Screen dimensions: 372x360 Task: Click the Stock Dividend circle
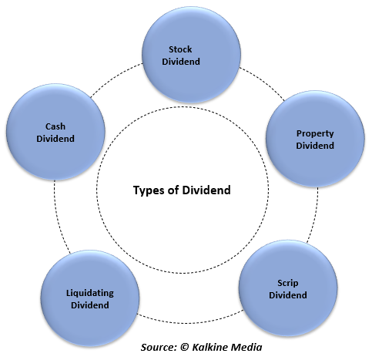191,54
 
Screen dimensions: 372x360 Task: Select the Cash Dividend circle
55,132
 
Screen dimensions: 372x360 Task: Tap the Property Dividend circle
315,139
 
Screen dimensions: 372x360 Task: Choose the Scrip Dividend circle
288,288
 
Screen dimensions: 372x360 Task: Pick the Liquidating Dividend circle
90,298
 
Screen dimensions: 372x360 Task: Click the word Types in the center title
149,190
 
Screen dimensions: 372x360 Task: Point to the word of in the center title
173,190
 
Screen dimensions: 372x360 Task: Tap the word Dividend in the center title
206,190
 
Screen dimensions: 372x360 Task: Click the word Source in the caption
159,347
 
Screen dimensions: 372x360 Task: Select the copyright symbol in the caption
185,347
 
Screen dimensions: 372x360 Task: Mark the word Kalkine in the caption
210,347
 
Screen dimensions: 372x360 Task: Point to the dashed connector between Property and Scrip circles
314,215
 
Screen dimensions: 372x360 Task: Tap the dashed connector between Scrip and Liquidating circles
189,322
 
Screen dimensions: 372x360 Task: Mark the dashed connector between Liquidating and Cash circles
59,218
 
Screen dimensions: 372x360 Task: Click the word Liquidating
90,294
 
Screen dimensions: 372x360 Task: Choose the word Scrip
288,283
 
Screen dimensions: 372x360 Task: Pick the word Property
315,133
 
